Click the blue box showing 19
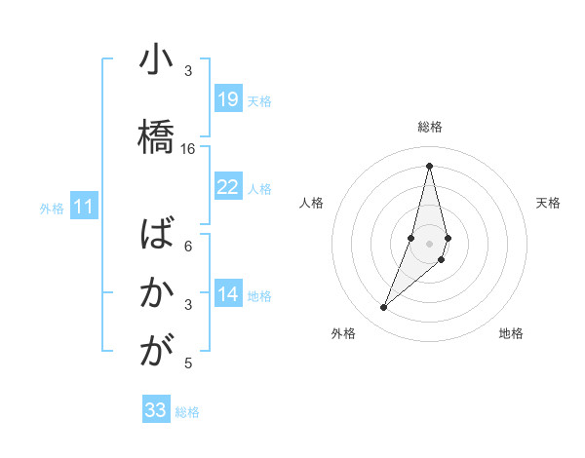(227, 99)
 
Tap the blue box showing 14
(227, 294)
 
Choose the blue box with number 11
(84, 207)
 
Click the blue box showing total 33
(156, 410)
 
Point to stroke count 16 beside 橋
(188, 149)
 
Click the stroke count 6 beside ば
(188, 247)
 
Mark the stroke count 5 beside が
(188, 363)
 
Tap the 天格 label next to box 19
(259, 100)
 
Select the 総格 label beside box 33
(187, 412)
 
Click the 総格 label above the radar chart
(429, 127)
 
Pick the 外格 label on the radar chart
(342, 333)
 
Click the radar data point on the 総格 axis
(429, 166)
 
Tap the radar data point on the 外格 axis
(383, 308)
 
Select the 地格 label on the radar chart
(511, 333)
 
